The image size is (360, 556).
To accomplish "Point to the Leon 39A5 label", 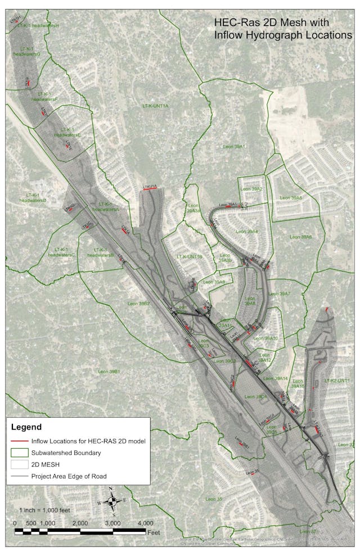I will pos(290,198).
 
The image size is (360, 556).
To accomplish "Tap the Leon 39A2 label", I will pos(251,189).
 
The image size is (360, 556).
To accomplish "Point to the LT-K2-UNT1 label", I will pos(337,381).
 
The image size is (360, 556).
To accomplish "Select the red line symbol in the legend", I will pos(19,441).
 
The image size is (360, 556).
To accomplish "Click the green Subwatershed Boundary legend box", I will pos(19,453).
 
